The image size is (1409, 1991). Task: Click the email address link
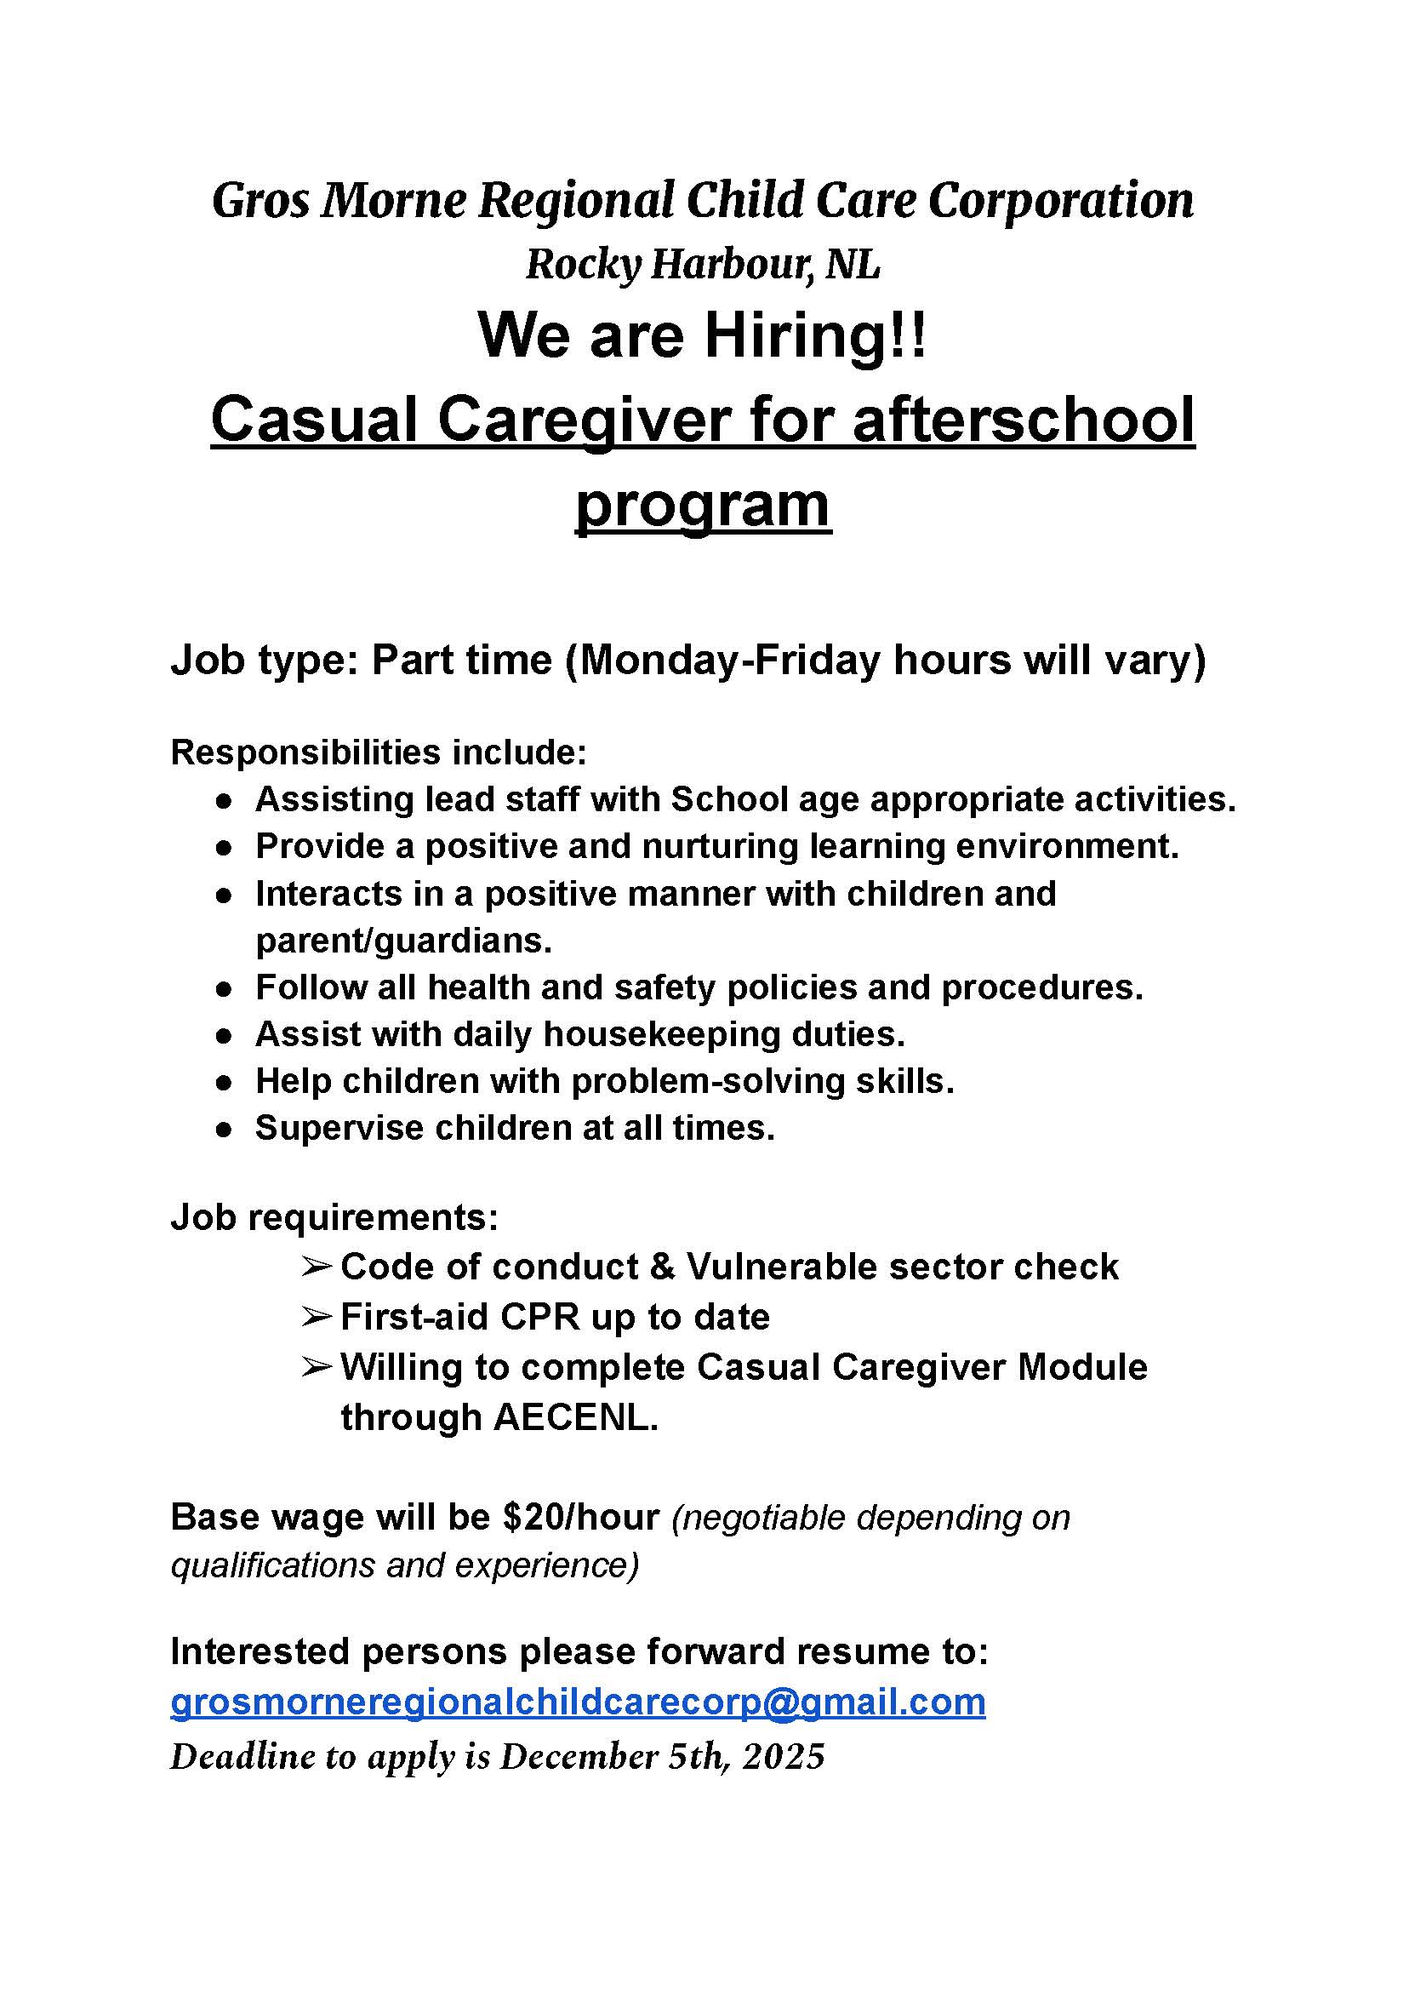[x=578, y=1702]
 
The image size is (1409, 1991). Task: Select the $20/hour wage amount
[x=580, y=1517]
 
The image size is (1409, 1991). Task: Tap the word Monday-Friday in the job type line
[x=731, y=660]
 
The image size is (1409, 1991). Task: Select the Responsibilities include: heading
[x=379, y=752]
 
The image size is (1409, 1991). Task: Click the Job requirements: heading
[x=335, y=1218]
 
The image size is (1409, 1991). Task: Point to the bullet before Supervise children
[x=225, y=1130]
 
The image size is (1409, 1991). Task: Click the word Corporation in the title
[x=1060, y=201]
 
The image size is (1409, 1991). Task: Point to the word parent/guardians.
[x=403, y=941]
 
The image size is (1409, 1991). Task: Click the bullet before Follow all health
[x=225, y=988]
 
